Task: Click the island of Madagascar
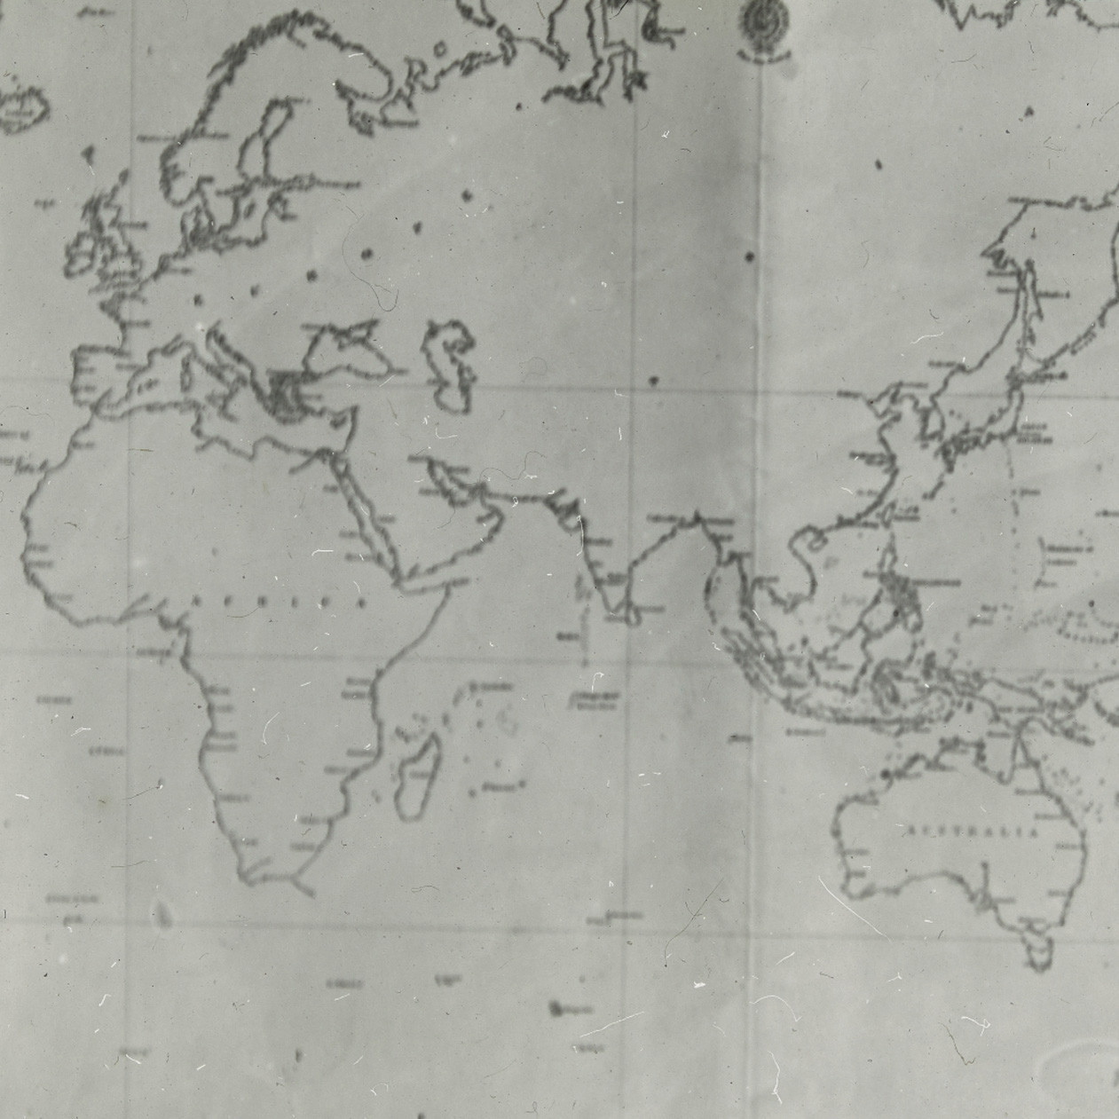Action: pos(415,776)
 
